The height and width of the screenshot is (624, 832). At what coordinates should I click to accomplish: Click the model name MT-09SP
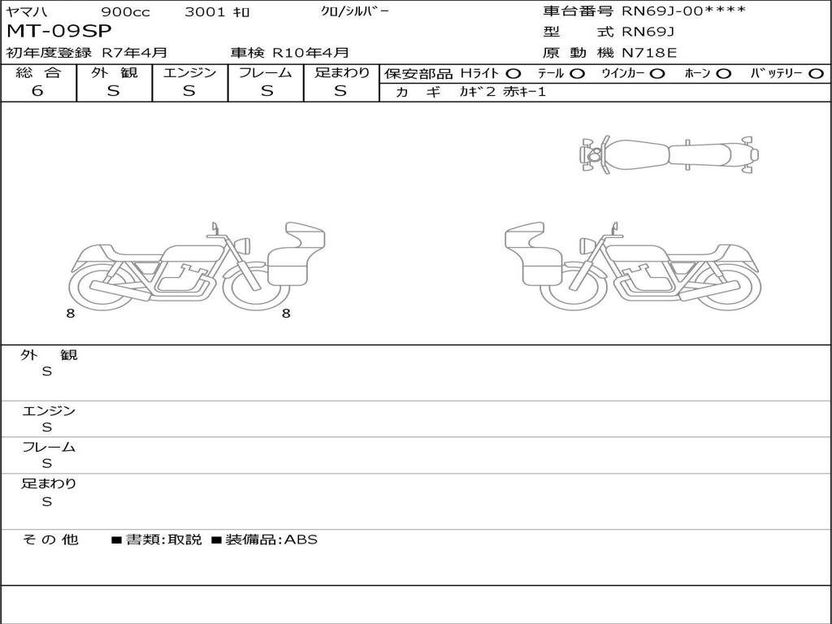coord(58,32)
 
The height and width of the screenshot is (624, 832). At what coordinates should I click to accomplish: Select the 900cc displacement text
coord(125,12)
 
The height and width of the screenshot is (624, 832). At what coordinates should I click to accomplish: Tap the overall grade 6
coord(37,91)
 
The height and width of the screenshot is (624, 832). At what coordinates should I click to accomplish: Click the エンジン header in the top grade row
coord(189,72)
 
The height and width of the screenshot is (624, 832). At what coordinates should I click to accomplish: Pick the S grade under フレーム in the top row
coord(266,91)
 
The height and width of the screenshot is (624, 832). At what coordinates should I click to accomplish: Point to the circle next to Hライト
coord(513,74)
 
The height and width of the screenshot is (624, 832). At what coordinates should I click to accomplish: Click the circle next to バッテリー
coord(816,74)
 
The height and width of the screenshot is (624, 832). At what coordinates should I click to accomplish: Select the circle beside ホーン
coord(723,74)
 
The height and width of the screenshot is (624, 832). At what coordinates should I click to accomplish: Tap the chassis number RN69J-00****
coord(683,11)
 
